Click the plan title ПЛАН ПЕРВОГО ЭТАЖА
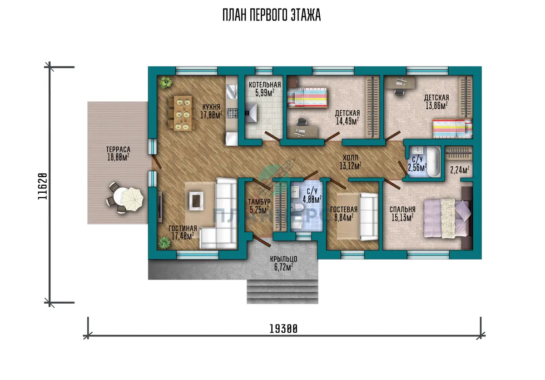(272, 15)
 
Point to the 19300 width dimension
(284, 329)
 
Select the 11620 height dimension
(43, 186)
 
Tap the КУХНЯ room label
(211, 107)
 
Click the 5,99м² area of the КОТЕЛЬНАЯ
(265, 93)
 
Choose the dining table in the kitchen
(183, 113)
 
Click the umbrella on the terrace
(132, 199)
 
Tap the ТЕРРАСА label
(118, 149)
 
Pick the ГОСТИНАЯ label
(183, 229)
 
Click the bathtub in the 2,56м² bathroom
(434, 161)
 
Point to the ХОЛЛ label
(350, 158)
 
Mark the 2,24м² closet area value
(460, 170)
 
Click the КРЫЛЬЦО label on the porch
(283, 259)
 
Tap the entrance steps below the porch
(282, 292)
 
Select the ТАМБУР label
(259, 201)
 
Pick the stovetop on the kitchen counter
(232, 113)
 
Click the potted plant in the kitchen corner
(166, 82)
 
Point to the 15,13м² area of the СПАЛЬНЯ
(402, 218)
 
